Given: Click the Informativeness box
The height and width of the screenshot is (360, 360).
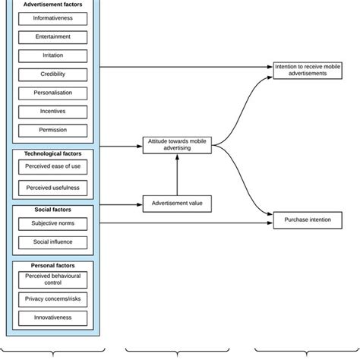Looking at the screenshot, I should (52, 18).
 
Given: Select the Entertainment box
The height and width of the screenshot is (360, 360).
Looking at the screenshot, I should (52, 37).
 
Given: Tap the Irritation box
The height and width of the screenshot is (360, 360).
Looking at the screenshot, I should (52, 55).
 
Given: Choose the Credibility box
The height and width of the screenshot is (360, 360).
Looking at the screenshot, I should (52, 74).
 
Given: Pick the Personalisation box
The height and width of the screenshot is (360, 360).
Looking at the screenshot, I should (52, 93).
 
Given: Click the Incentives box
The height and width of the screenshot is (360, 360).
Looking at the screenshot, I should (52, 112).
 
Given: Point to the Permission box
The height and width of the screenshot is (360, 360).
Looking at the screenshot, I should (52, 130).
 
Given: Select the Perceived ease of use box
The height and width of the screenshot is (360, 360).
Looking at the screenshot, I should (52, 168).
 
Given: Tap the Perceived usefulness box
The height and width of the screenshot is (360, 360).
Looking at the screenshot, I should (52, 187).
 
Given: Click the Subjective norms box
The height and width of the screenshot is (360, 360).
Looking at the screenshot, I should (52, 224).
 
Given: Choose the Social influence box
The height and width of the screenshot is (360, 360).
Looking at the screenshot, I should (52, 242).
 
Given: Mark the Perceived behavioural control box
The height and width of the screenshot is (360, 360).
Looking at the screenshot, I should (52, 280).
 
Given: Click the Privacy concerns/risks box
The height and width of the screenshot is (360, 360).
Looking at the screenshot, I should (52, 300).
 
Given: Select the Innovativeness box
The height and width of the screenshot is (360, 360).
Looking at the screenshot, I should (52, 318).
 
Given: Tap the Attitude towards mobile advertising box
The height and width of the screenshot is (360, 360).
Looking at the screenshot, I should (177, 144).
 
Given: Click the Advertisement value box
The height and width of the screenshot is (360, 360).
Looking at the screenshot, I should (177, 203).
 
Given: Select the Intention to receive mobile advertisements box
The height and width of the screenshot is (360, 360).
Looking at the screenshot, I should (308, 70).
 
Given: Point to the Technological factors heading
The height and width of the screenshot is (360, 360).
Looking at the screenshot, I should (52, 153).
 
